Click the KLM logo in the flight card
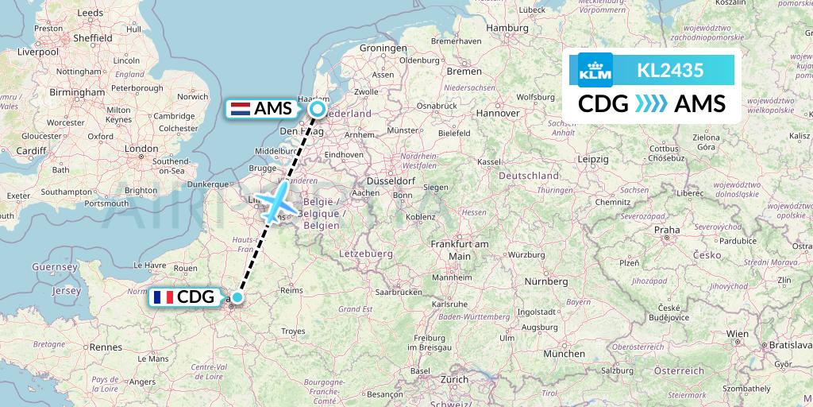tap(595, 70)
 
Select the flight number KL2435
tap(670, 71)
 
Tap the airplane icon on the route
tap(275, 203)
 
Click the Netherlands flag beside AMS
tap(240, 109)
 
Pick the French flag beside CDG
tap(164, 297)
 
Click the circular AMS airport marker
tap(318, 109)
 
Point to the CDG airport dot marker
tap(237, 297)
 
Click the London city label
tap(142, 149)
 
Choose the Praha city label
tap(667, 230)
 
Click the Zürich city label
tap(455, 379)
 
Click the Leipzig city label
tap(593, 159)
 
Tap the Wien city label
tap(738, 335)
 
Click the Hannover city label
tap(497, 114)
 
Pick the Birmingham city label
tap(76, 92)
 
